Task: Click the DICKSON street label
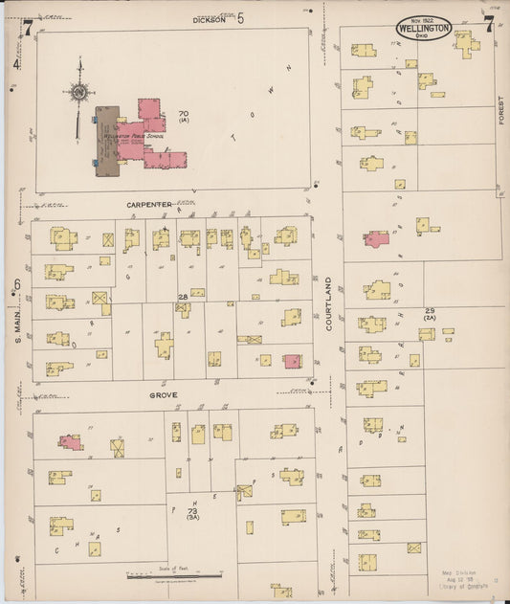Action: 210,18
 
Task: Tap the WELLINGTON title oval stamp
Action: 424,29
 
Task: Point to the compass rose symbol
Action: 78,92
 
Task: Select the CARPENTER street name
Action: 149,204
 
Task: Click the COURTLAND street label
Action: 327,304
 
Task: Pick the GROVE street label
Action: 166,393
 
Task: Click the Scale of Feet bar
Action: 174,575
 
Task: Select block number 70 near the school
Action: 183,114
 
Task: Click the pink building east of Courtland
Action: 377,238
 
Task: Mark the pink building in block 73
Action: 70,442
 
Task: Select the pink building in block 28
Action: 292,361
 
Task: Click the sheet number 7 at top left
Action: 28,27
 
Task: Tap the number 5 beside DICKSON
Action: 241,17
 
